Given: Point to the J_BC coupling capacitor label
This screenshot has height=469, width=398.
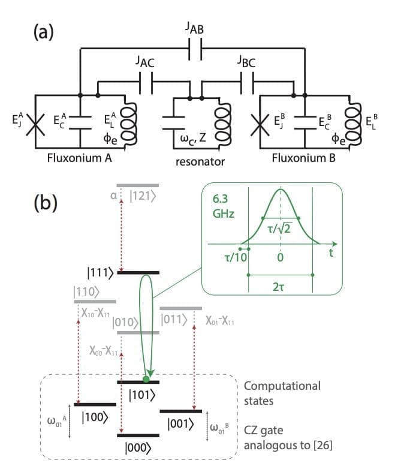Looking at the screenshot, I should tap(246, 61).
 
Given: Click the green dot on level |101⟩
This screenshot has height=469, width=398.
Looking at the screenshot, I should tap(146, 380).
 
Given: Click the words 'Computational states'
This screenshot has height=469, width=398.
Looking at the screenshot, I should tap(282, 392).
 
